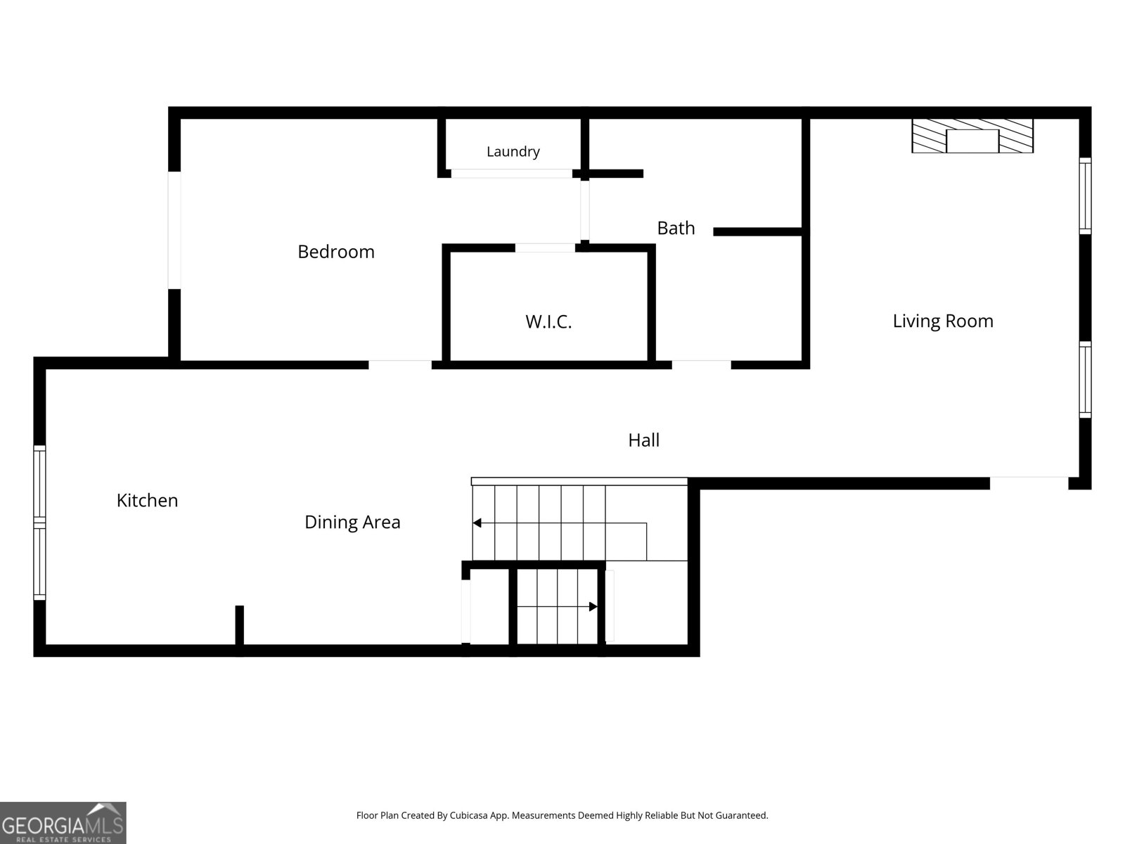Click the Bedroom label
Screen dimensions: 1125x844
point(335,252)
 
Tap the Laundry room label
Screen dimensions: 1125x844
point(513,152)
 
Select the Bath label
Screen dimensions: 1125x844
point(676,228)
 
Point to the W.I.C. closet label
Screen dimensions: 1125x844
point(548,322)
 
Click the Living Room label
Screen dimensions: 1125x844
point(943,321)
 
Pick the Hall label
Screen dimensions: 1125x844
point(644,440)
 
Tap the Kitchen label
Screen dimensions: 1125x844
point(147,501)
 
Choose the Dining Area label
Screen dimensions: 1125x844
point(352,522)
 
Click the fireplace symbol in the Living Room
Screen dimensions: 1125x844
point(972,136)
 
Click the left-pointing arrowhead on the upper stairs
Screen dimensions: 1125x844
point(477,523)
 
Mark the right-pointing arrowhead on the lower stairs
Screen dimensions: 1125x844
point(593,607)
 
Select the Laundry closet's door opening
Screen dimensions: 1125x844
point(511,174)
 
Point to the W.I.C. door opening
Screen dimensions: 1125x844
point(545,248)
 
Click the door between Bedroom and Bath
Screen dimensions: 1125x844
point(585,210)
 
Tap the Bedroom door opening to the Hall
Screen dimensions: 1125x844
point(400,365)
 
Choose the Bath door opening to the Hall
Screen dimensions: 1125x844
point(701,365)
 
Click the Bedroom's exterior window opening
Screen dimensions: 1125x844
point(174,230)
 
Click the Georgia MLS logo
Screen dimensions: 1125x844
point(63,822)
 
